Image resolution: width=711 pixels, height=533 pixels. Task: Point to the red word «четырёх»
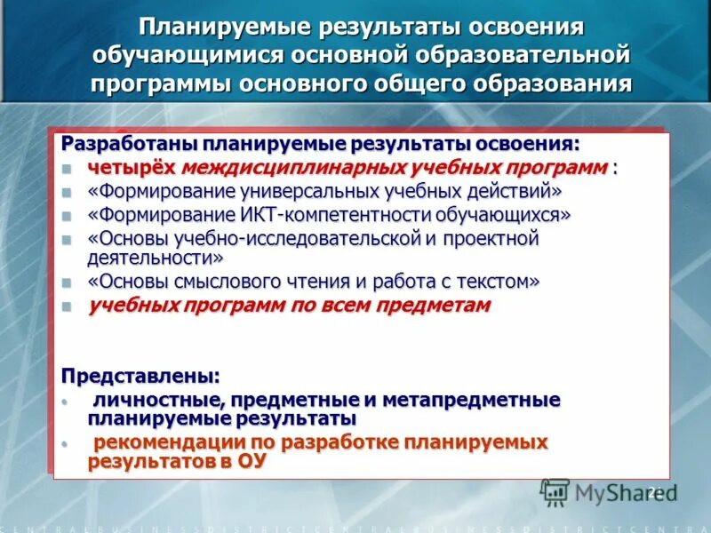tap(132, 168)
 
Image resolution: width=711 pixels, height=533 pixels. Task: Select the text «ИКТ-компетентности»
tap(304, 215)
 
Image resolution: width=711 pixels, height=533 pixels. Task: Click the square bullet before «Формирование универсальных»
tap(67, 192)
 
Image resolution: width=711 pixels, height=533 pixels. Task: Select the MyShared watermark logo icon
tap(555, 492)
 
